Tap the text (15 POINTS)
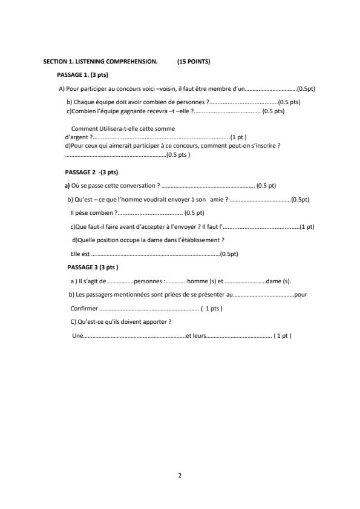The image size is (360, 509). tap(194, 62)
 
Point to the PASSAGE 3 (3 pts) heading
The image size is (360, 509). tap(93, 268)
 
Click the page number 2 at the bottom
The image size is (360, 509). tap(180, 475)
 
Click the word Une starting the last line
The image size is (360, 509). tap(77, 336)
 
